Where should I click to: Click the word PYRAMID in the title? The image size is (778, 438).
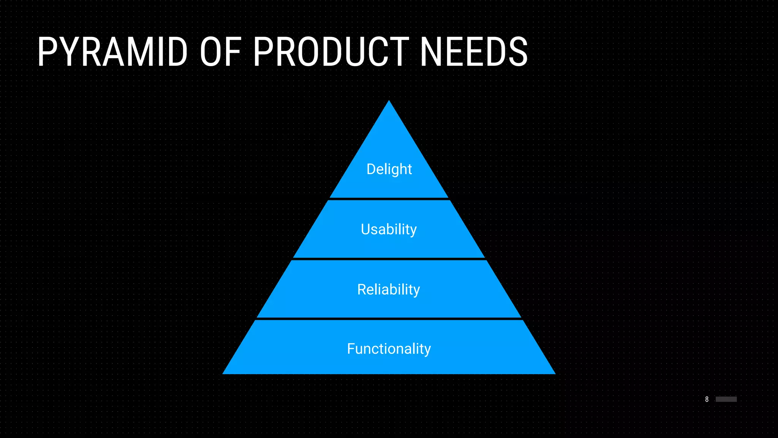click(x=112, y=52)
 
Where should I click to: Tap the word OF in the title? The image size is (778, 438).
click(x=220, y=52)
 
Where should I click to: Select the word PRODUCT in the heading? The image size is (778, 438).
click(x=331, y=52)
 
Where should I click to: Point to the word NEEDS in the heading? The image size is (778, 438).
click(x=474, y=52)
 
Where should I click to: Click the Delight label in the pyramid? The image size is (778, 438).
click(x=389, y=169)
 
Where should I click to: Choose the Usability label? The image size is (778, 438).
click(x=389, y=229)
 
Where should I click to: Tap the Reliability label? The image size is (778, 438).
click(x=389, y=290)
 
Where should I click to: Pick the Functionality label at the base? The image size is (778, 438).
click(x=389, y=349)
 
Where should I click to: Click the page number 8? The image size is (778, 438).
click(x=707, y=399)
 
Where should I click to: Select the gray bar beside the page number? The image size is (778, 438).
click(x=726, y=399)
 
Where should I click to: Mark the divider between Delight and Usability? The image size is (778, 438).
click(x=389, y=199)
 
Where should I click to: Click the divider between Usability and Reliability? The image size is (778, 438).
click(x=389, y=259)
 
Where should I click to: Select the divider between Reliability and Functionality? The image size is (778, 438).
click(x=389, y=319)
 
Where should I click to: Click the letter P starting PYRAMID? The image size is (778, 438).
click(x=47, y=52)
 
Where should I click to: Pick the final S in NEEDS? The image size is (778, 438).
click(x=518, y=52)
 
